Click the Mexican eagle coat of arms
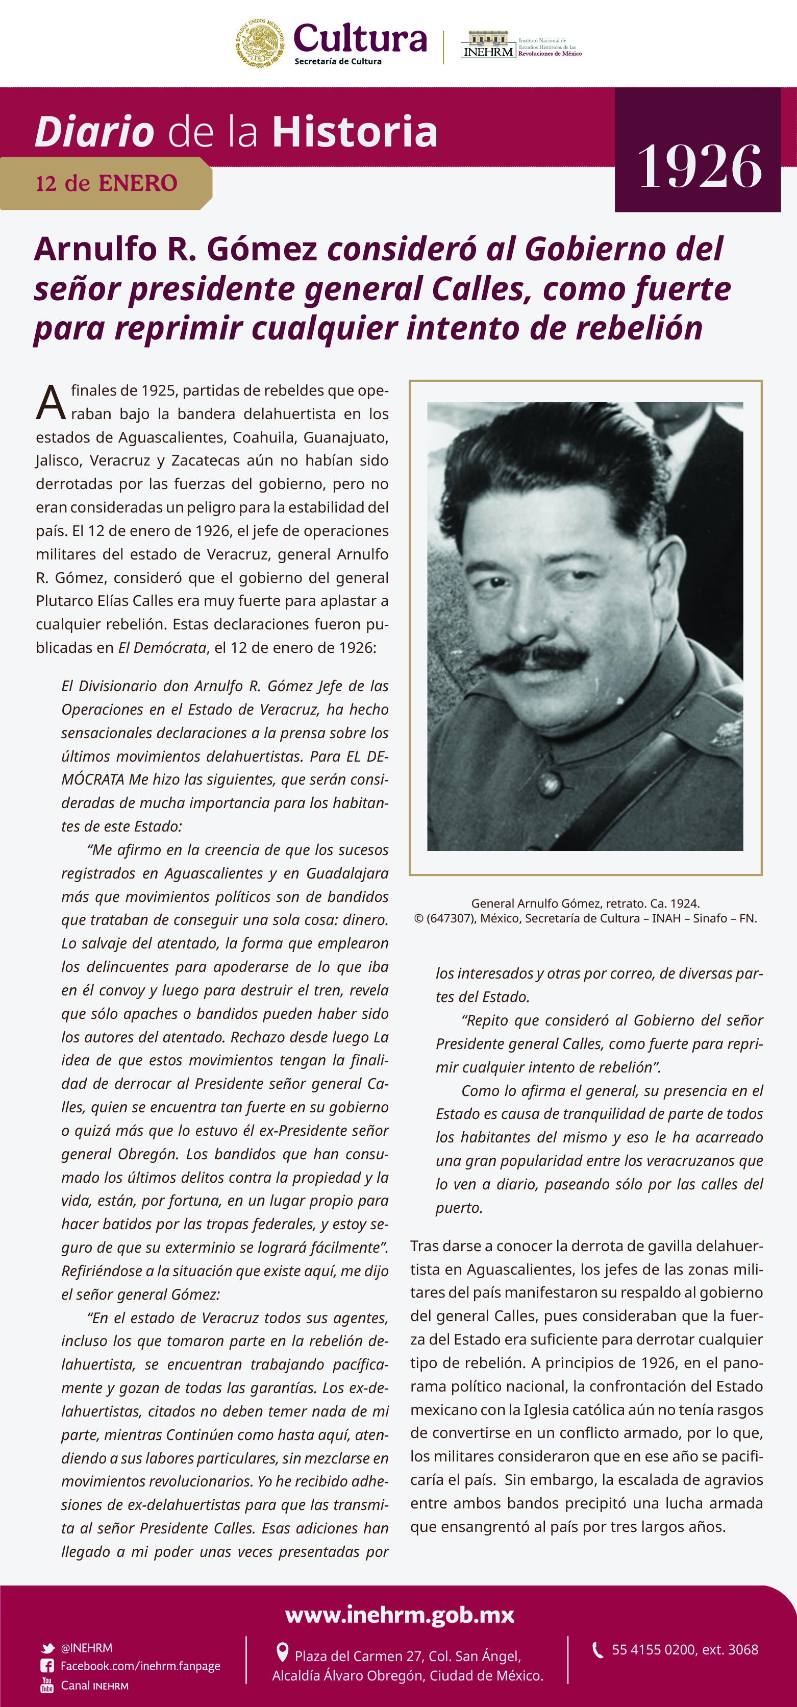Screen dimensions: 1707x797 coord(260,43)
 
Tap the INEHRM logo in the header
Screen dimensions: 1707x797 coord(488,45)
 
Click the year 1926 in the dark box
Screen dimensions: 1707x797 coord(699,166)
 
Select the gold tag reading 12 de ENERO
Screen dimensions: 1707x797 coord(106,184)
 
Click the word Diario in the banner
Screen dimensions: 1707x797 coord(94,132)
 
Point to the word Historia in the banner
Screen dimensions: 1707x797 coord(355,132)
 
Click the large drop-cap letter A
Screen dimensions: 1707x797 coord(51,403)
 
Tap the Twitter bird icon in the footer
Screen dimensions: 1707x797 coord(47,1648)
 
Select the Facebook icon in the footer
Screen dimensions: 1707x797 coord(47,1666)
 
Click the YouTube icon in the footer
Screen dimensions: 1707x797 coord(47,1685)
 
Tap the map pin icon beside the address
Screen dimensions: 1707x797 coord(282,1653)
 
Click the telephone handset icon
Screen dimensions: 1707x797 coord(597,1650)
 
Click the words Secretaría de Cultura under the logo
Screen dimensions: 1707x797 coord(338,62)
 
